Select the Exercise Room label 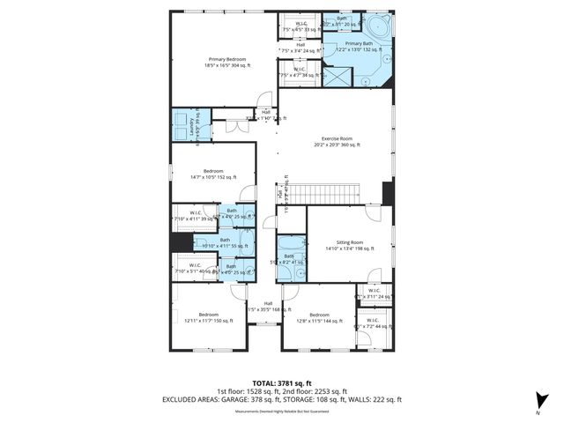pos(336,141)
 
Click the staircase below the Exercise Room pos(327,193)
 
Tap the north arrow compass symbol pos(539,402)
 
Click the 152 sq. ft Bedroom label pos(213,174)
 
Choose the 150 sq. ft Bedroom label pos(208,317)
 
